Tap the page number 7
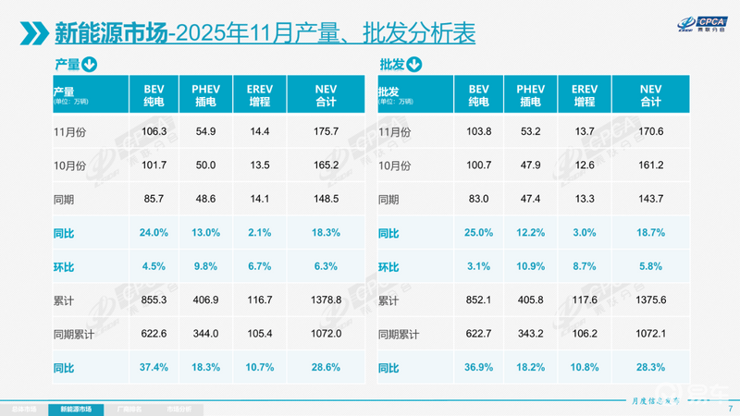(730, 407)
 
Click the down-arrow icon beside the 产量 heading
(90, 65)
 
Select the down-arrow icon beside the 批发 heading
(413, 65)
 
